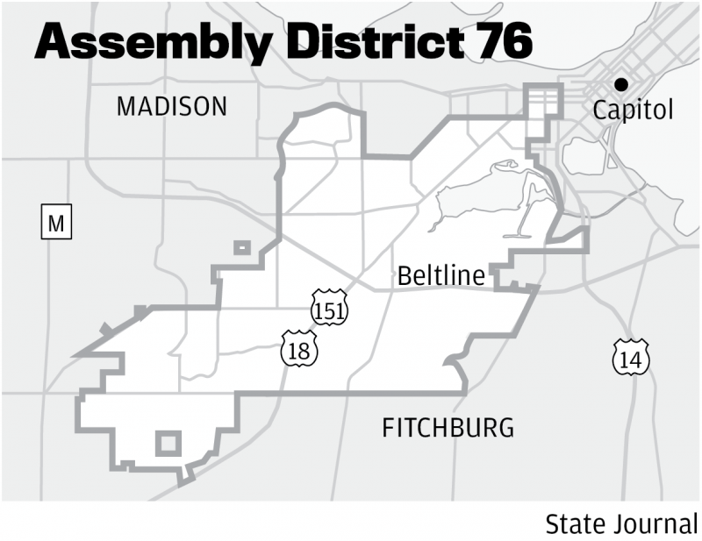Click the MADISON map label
[172, 107]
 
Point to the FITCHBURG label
[448, 429]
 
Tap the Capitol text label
[633, 110]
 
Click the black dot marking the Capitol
[621, 84]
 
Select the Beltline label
[441, 276]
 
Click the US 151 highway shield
[329, 308]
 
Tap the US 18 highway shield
[298, 349]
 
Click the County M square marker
[56, 224]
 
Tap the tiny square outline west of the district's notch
[241, 248]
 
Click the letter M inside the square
[56, 224]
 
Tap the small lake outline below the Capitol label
[584, 154]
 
